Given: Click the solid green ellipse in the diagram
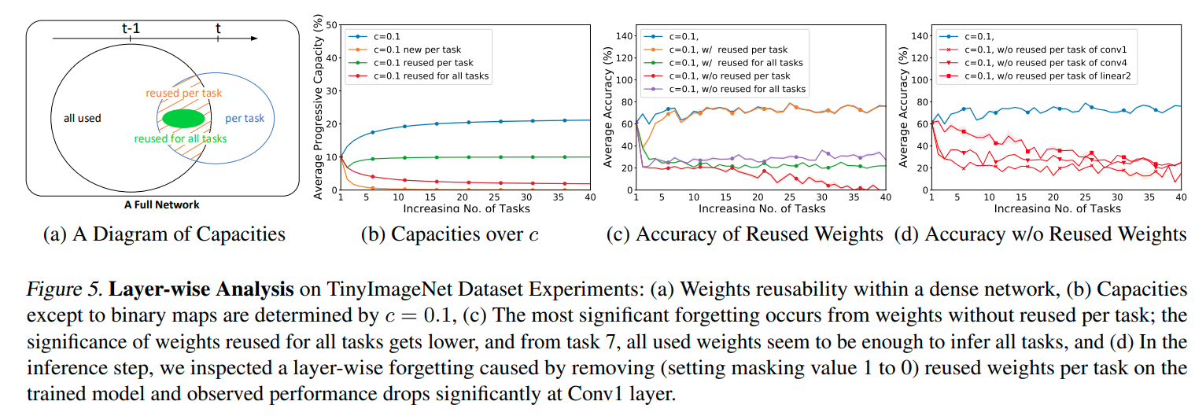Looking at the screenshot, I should click(x=184, y=119).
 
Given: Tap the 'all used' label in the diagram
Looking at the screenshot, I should click(x=82, y=118).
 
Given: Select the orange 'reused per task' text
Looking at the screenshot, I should click(x=184, y=93).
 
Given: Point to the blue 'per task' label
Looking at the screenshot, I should click(x=245, y=119).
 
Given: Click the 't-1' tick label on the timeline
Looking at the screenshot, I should click(x=131, y=28).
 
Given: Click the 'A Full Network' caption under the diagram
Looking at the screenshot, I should click(x=161, y=204).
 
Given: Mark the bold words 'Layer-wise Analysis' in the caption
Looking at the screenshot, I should click(x=201, y=290).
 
